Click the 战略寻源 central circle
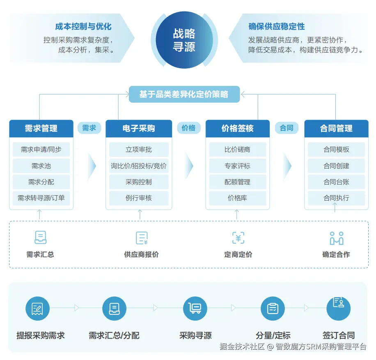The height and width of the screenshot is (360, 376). pyautogui.click(x=184, y=39)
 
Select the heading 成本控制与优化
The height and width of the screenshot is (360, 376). pyautogui.click(x=83, y=27)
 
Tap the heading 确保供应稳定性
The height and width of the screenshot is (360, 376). pyautogui.click(x=277, y=27)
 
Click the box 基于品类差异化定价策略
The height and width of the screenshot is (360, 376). pyautogui.click(x=184, y=94)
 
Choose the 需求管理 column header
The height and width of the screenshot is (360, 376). pyautogui.click(x=41, y=128)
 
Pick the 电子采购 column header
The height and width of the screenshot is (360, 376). pyautogui.click(x=138, y=128)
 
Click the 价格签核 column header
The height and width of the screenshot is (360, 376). pyautogui.click(x=237, y=128)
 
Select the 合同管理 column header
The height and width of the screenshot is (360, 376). pyautogui.click(x=336, y=128)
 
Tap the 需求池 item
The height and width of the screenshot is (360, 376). pyautogui.click(x=41, y=166)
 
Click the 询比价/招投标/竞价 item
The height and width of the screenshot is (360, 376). pyautogui.click(x=139, y=166)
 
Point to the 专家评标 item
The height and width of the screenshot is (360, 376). pyautogui.click(x=237, y=166)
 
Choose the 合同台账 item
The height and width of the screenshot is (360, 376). pyautogui.click(x=336, y=182)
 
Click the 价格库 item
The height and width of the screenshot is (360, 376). pyautogui.click(x=237, y=198)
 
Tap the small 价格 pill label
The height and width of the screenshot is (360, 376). pyautogui.click(x=188, y=128)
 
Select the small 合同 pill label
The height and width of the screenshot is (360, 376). pyautogui.click(x=287, y=128)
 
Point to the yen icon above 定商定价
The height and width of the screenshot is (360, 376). pyautogui.click(x=238, y=238)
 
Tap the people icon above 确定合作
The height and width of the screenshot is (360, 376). pyautogui.click(x=336, y=238)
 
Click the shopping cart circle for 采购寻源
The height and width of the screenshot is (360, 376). pyautogui.click(x=195, y=308)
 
